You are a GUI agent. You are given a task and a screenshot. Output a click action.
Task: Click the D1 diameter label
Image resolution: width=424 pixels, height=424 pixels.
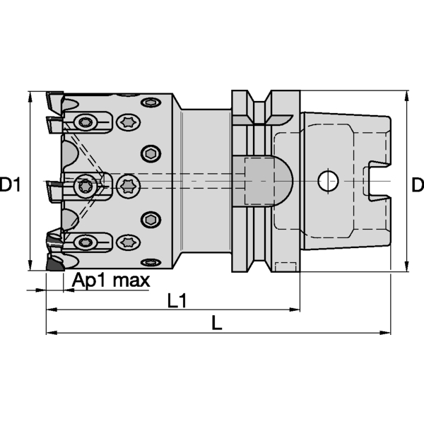[x=12, y=186]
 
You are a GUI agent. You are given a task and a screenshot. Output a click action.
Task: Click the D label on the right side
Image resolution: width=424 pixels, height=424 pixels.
[x=417, y=186]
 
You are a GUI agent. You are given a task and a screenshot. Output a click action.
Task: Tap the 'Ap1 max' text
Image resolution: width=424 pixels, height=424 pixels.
[x=111, y=281]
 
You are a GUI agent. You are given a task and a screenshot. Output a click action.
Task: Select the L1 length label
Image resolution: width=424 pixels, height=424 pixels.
[x=177, y=302]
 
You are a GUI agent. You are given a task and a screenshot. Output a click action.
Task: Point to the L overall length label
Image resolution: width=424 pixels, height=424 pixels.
[x=218, y=324]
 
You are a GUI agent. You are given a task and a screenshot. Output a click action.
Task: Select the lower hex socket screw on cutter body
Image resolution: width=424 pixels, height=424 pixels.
[x=151, y=218]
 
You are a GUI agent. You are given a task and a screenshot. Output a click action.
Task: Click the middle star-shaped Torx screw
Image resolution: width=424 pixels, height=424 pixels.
[x=129, y=186]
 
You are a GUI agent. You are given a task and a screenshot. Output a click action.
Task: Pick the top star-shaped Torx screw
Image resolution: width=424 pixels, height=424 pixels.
[x=129, y=124]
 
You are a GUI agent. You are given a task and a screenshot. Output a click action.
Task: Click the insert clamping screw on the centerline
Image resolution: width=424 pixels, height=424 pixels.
[x=86, y=187]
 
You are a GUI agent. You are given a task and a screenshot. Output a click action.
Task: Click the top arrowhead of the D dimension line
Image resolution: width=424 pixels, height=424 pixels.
[x=407, y=96]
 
